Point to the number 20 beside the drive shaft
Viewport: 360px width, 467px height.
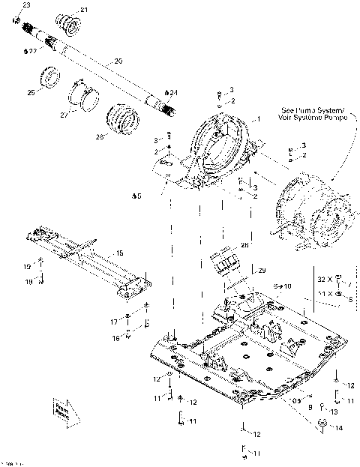click(118, 60)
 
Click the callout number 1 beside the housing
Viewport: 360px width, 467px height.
click(259, 119)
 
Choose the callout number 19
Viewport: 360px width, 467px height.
click(28, 266)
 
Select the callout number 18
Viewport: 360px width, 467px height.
click(28, 282)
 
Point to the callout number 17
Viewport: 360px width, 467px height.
click(115, 322)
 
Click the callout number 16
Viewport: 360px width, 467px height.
click(115, 338)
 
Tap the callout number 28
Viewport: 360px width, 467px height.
click(245, 245)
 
